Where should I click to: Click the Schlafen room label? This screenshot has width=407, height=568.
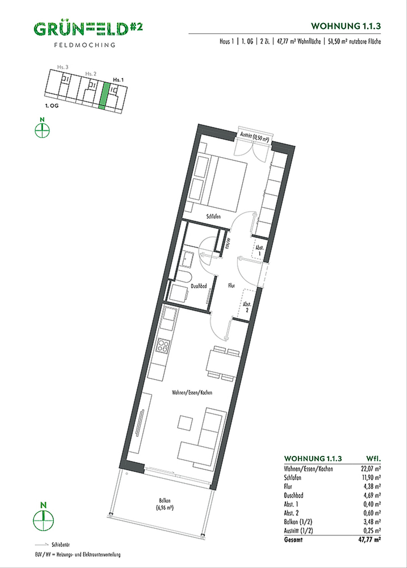coord(213,216)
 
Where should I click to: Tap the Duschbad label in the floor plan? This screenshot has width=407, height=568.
coord(199,286)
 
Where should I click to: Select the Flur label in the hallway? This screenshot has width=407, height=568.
coord(231,286)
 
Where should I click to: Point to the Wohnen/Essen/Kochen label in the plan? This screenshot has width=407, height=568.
coord(192,393)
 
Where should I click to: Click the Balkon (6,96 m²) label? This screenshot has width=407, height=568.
coord(165,504)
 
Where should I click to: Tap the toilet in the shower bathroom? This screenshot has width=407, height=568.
coord(183,277)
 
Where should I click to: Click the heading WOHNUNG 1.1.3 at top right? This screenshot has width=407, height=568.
coord(346,26)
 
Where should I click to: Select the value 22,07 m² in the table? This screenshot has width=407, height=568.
coord(371,469)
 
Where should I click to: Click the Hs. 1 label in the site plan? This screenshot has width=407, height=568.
coord(118,80)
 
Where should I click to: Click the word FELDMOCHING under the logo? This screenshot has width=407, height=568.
coord(85,45)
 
